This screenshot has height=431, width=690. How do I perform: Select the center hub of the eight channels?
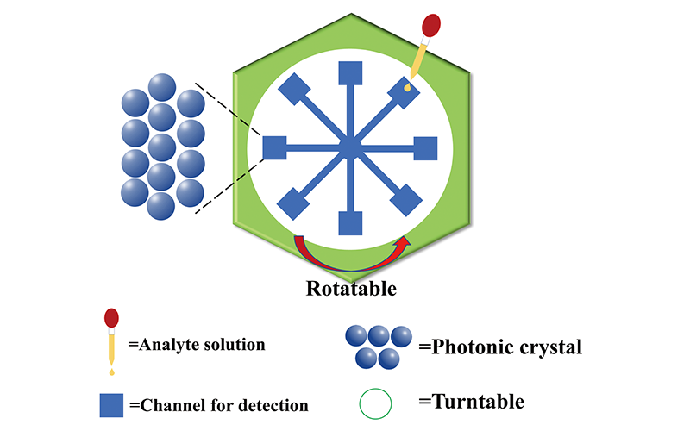348,148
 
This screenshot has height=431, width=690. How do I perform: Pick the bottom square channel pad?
349,222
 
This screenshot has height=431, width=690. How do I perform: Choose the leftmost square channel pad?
274,148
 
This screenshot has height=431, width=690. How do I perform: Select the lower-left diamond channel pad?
295,205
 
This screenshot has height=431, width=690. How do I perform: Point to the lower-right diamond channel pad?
405,203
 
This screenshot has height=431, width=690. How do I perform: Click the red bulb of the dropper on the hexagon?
431,26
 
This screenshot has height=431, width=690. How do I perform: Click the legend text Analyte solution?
197,346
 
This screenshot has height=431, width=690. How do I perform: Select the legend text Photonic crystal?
500,348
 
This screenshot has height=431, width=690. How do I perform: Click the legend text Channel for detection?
217,404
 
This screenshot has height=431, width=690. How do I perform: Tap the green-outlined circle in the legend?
374,403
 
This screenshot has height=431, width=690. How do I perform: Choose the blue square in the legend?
111,403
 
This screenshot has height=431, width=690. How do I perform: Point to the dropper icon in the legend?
111,340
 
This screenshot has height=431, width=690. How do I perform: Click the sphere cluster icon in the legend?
377,345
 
